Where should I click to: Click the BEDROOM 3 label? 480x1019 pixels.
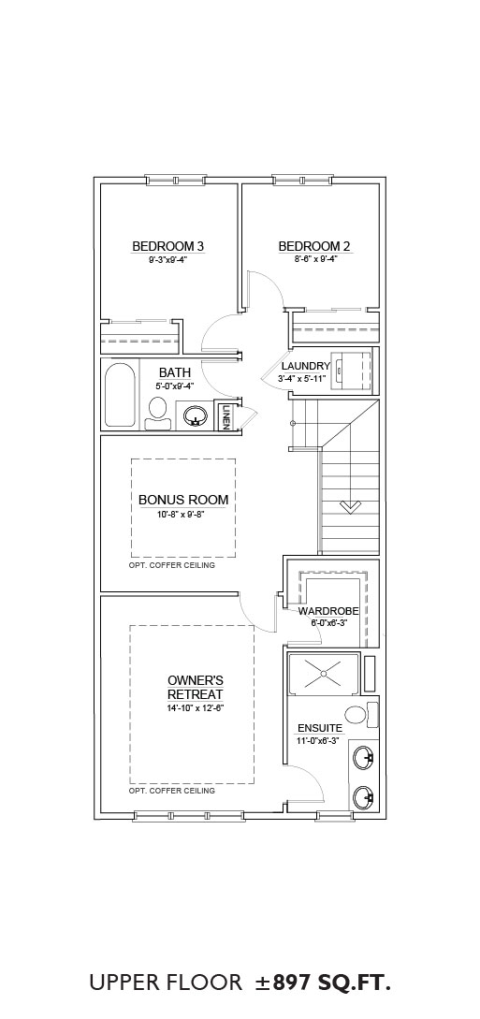click(168, 246)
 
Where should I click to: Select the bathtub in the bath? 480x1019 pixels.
click(120, 395)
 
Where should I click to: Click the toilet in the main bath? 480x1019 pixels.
click(158, 415)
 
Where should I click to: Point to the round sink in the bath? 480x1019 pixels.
click(195, 415)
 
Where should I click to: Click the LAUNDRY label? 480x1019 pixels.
click(306, 367)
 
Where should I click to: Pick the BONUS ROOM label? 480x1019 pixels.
click(183, 500)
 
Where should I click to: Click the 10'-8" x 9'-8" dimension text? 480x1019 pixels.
click(183, 515)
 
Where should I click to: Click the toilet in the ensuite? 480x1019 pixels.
click(360, 715)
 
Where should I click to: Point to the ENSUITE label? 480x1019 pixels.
click(320, 728)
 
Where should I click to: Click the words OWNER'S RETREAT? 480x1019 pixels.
click(196, 686)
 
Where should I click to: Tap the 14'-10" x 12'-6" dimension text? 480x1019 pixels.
click(196, 707)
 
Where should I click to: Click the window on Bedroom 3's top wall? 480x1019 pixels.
click(176, 180)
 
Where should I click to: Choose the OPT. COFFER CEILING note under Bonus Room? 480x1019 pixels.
click(171, 565)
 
